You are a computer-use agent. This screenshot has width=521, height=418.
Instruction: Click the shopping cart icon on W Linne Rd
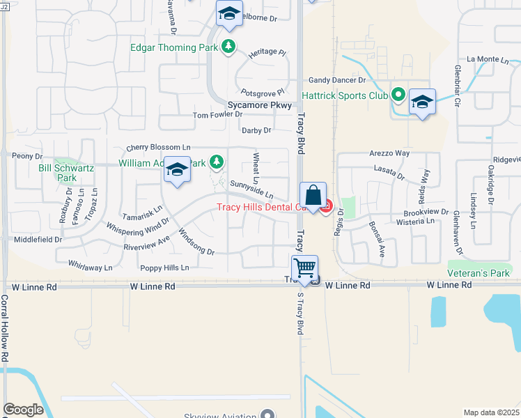tap(304, 268)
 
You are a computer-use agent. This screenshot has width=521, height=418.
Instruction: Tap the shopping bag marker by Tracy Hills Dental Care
tap(313, 194)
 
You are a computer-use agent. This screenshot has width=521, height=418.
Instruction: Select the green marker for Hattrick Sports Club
tap(398, 94)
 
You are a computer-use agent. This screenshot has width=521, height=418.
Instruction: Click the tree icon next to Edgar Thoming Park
tap(228, 47)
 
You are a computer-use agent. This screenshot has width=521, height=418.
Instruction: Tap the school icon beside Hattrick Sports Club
tap(421, 102)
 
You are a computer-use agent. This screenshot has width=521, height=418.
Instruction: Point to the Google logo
tap(23, 410)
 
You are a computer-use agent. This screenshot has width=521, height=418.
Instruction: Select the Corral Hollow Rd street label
tap(4, 328)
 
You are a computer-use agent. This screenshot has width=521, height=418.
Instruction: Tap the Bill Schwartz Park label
tap(57, 173)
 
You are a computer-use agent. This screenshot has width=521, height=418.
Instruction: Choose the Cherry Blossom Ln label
tap(158, 148)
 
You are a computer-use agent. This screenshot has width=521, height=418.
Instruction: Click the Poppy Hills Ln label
tap(165, 268)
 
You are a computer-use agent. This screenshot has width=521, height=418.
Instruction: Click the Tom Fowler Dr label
tap(217, 114)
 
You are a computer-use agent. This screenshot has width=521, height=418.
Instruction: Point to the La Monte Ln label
tap(488, 60)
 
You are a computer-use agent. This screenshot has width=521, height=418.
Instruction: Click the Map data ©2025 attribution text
tap(491, 412)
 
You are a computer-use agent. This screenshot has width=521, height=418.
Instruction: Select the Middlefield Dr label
tap(38, 239)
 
